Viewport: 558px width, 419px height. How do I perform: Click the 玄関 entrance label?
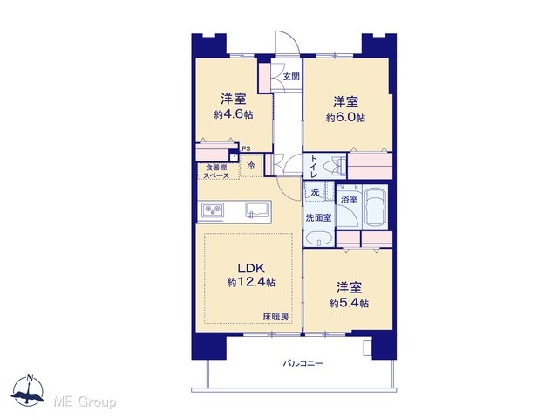[291, 76]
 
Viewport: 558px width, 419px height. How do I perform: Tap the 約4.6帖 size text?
[234, 114]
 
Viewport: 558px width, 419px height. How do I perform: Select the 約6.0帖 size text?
[345, 118]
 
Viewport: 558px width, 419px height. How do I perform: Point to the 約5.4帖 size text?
[349, 303]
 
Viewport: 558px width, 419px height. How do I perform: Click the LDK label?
[251, 268]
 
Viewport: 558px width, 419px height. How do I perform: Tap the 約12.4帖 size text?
[251, 283]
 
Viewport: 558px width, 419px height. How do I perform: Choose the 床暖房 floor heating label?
[276, 316]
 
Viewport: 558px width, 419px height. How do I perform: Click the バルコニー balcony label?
[303, 363]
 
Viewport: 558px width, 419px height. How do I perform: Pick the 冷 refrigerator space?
[251, 165]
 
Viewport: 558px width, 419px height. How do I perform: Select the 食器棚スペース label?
[216, 171]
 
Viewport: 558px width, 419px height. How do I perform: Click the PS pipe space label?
[246, 148]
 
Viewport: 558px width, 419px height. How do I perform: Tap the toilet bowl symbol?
[337, 166]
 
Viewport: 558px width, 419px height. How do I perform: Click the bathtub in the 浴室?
[375, 207]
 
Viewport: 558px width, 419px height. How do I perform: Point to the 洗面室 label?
[318, 217]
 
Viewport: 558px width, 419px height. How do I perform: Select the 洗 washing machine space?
[315, 193]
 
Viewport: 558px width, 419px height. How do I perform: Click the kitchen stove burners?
[213, 210]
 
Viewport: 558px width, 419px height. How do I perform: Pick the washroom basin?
[319, 238]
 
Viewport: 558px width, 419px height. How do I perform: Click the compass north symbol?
[28, 391]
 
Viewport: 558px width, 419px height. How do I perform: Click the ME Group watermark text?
[85, 402]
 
